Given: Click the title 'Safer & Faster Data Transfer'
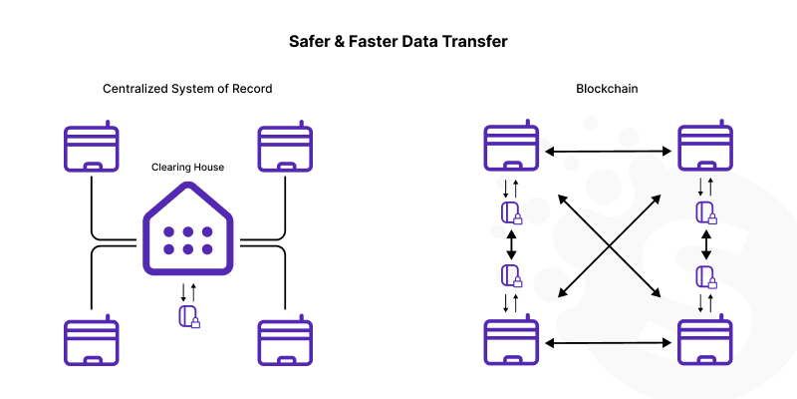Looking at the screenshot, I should tap(398, 43).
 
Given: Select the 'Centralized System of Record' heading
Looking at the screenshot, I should tap(187, 89).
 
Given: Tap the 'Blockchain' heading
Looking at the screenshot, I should tap(607, 89).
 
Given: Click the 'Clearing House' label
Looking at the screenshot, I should tap(187, 167).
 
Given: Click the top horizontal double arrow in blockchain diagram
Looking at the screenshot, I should tap(608, 152).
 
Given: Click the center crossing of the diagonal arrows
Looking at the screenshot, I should tap(609, 245).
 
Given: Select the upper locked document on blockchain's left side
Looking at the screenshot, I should tap(511, 212).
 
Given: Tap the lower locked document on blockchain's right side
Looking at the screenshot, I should tap(706, 275).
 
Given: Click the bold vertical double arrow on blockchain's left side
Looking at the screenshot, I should tap(511, 243).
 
